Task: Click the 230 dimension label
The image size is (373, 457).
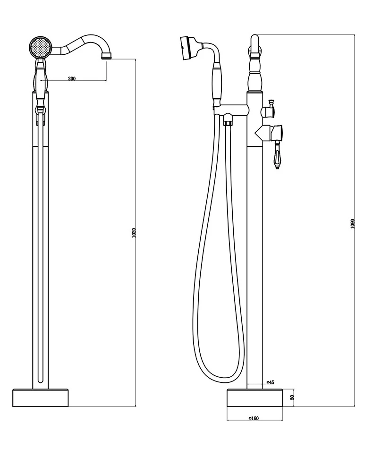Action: [72, 78]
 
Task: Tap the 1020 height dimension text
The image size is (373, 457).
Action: [134, 232]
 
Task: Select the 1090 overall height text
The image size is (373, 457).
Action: [352, 223]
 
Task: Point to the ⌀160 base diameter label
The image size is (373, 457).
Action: [254, 418]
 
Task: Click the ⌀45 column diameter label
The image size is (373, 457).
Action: [270, 382]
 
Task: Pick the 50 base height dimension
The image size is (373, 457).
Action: [292, 397]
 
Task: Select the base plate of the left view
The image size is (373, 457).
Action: [41, 398]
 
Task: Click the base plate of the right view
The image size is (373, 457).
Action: [254, 398]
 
